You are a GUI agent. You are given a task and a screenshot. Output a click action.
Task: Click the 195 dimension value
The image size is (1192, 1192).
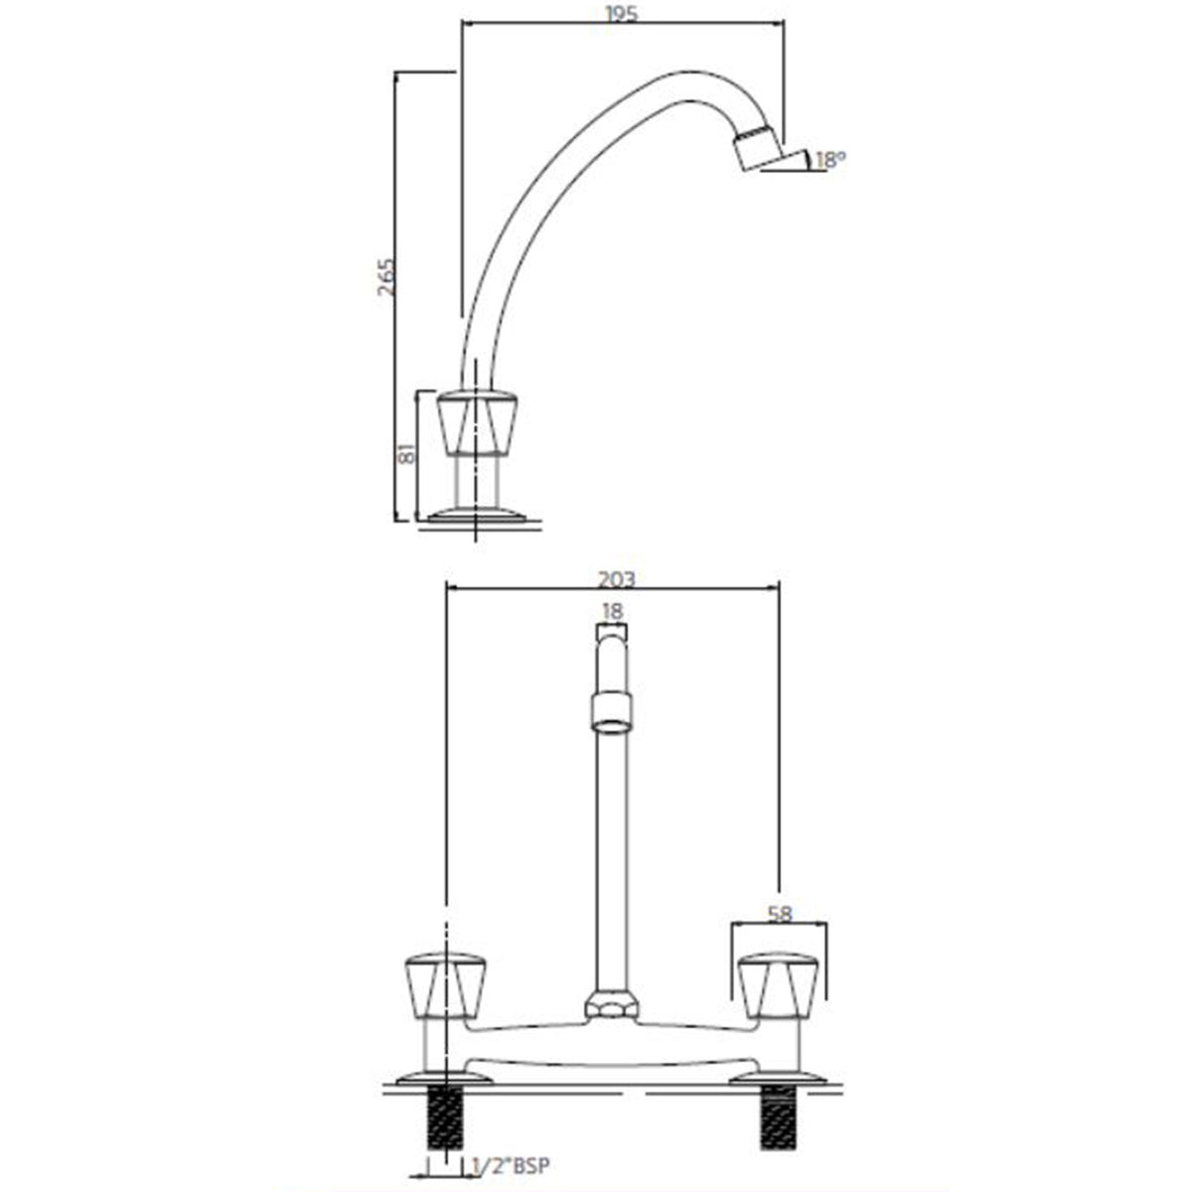[x=623, y=13]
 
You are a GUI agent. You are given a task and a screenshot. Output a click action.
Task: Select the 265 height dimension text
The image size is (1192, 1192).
[x=387, y=278]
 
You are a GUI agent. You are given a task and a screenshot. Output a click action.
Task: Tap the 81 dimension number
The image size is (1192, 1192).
[x=404, y=455]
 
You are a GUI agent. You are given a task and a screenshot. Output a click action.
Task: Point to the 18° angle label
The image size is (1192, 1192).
[x=830, y=159]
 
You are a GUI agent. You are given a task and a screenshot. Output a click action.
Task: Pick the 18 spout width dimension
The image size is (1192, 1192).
[x=612, y=611]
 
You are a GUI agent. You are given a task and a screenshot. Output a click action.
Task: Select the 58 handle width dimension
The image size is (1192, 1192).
[x=781, y=915]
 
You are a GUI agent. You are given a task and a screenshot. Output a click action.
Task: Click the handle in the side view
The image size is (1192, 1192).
[x=478, y=421]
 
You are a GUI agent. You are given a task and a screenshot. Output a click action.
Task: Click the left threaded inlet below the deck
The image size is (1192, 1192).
[x=445, y=1117]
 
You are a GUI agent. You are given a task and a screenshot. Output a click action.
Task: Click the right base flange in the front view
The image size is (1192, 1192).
[x=778, y=1076]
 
